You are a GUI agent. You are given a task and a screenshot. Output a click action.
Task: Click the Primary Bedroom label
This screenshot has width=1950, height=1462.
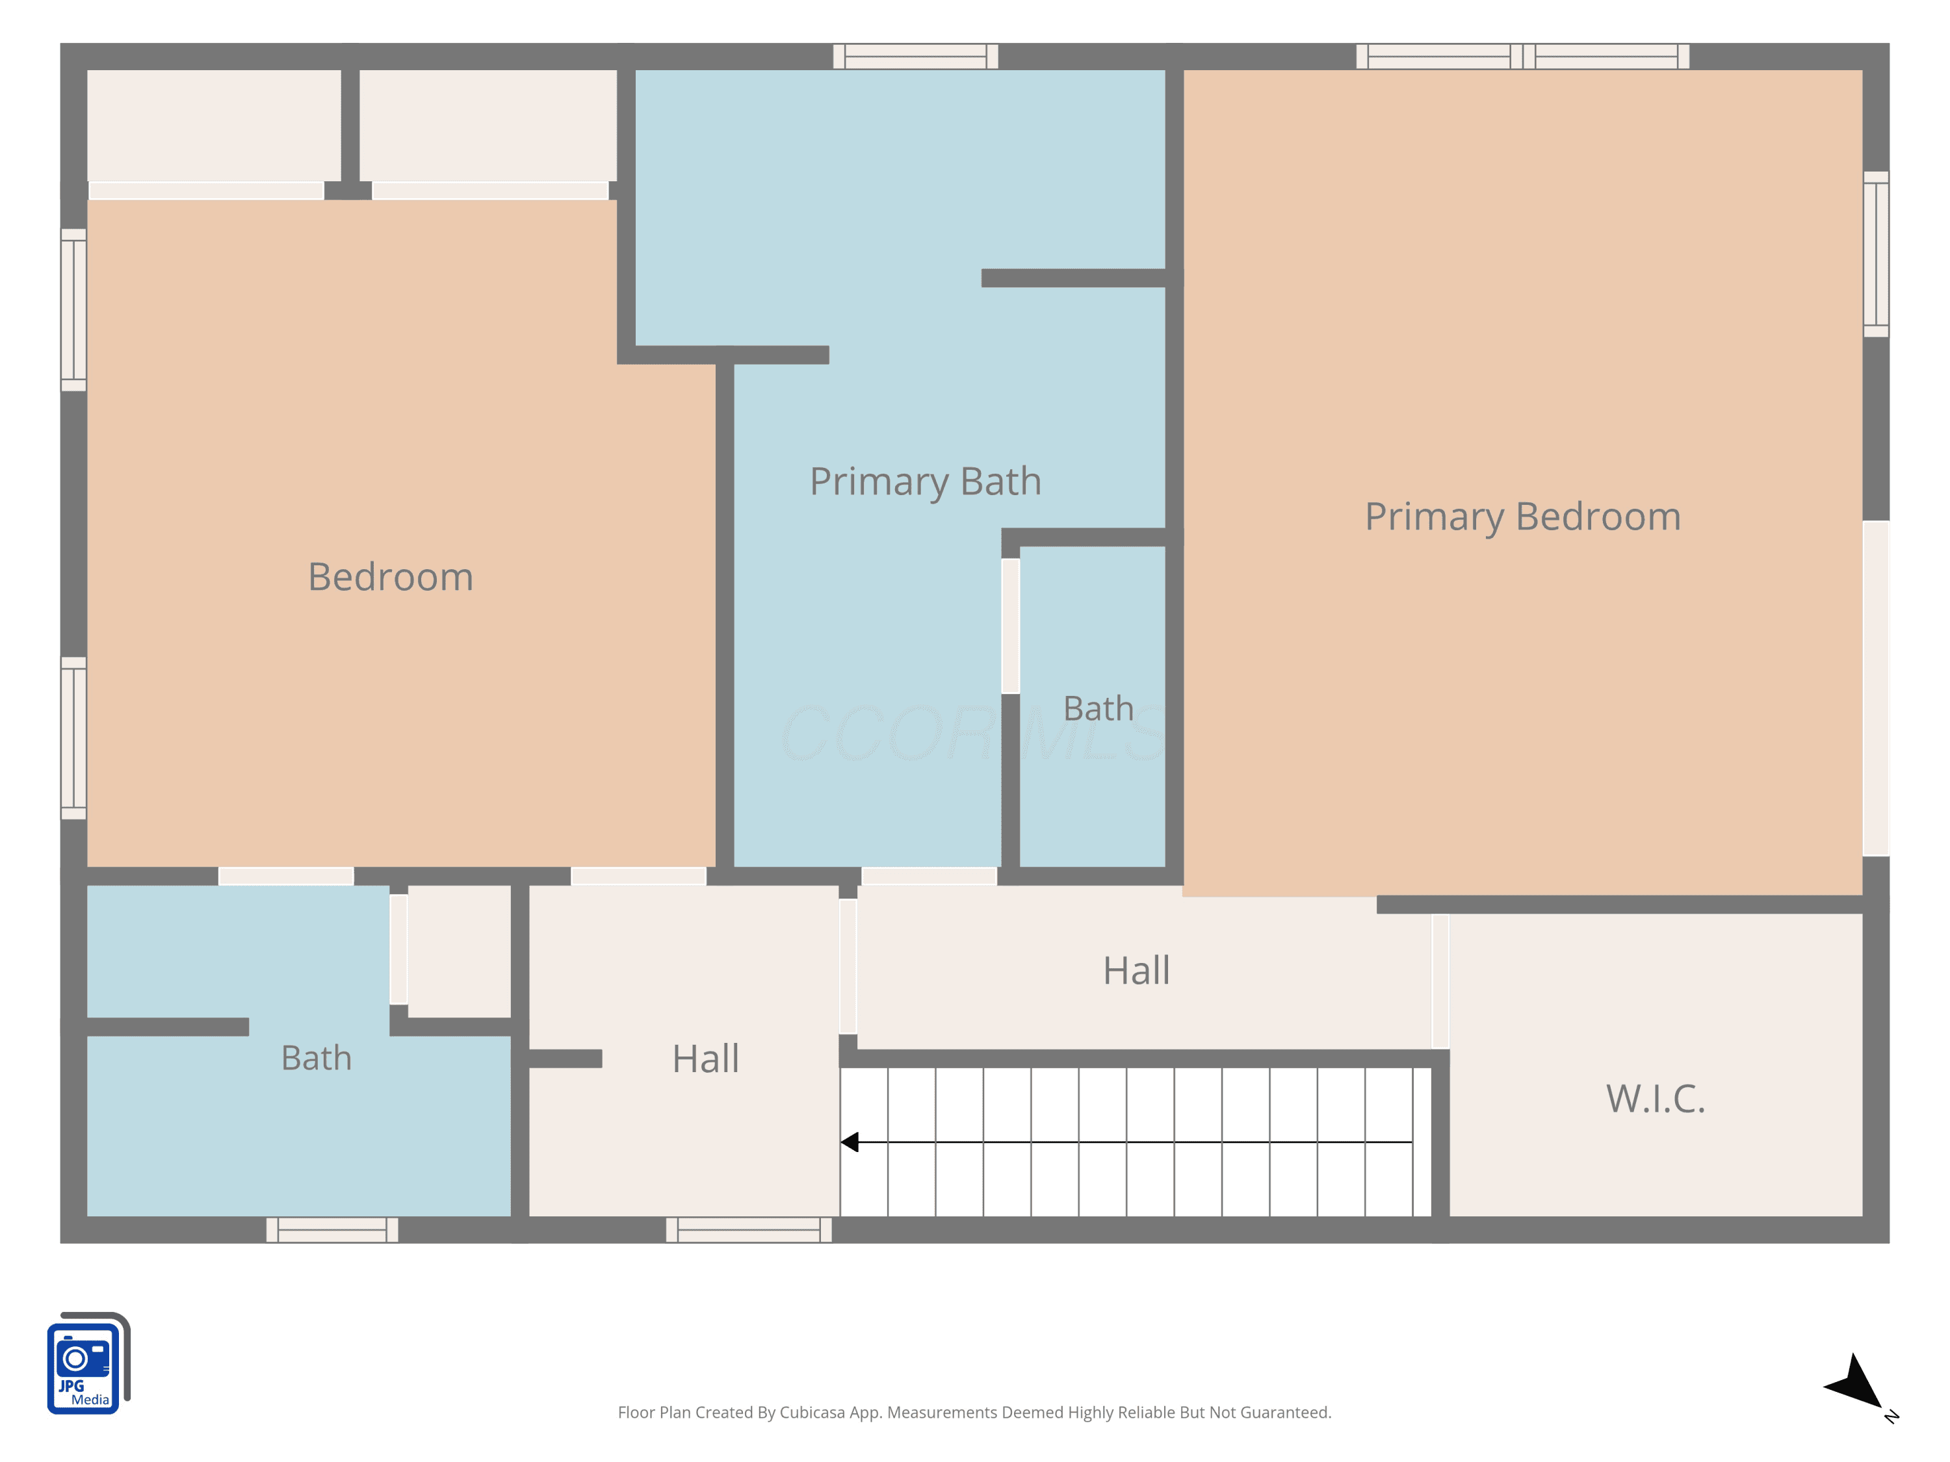tap(1522, 517)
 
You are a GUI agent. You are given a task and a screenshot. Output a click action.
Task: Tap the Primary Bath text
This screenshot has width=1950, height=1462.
tap(926, 481)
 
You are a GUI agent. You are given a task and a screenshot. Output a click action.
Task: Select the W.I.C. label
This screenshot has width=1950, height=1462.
tap(1656, 1099)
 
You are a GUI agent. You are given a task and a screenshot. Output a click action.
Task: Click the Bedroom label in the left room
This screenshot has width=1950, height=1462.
tap(391, 577)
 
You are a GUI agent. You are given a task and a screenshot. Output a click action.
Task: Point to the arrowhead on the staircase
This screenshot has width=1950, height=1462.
tap(849, 1142)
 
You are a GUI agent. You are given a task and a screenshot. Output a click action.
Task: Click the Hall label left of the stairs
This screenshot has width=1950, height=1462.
tap(705, 1058)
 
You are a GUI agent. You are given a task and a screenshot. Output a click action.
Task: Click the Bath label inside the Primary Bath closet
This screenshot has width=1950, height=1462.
tap(1098, 708)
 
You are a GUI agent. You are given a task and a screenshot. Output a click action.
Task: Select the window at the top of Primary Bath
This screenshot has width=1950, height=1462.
tap(916, 57)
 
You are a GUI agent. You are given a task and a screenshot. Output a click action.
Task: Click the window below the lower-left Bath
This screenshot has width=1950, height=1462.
tap(332, 1230)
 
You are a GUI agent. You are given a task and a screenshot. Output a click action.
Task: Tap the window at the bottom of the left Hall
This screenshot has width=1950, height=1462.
tap(748, 1230)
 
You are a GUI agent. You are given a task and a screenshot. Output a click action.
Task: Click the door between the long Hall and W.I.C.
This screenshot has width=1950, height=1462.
tap(1440, 981)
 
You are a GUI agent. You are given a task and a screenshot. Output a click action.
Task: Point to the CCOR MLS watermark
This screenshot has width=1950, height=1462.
tap(974, 733)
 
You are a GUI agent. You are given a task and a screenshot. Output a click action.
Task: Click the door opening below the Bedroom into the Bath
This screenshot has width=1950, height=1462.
tap(287, 876)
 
